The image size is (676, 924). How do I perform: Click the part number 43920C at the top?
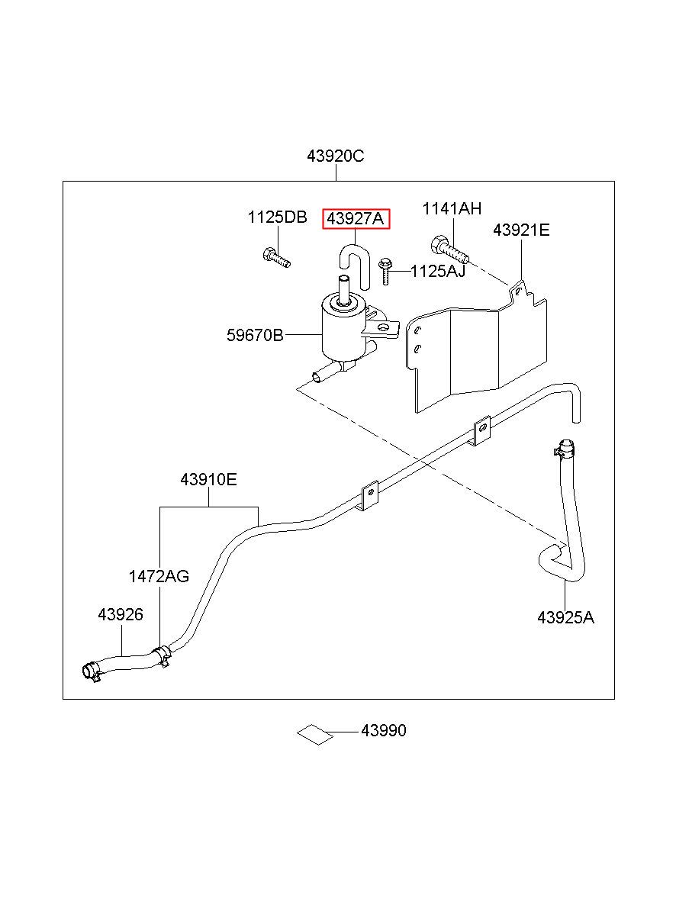tap(335, 156)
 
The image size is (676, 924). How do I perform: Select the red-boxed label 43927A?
tap(356, 219)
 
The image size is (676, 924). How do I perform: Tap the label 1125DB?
tap(277, 217)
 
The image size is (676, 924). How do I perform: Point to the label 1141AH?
tap(452, 209)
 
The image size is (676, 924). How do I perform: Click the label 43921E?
tap(521, 230)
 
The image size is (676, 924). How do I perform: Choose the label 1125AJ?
tap(438, 272)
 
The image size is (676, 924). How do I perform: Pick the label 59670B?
tap(256, 335)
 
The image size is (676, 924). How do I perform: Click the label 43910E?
tap(209, 479)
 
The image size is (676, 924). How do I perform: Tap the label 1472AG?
tap(159, 576)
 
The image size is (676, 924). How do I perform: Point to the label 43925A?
tap(565, 629)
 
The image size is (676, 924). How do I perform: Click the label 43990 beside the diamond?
tap(384, 730)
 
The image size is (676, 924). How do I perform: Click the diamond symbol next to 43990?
tap(315, 735)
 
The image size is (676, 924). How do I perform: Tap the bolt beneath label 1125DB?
tap(276, 257)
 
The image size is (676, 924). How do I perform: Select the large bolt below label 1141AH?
tap(449, 250)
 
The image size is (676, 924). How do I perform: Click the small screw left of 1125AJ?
tap(385, 271)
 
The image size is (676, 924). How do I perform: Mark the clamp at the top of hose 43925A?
tap(565, 449)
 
